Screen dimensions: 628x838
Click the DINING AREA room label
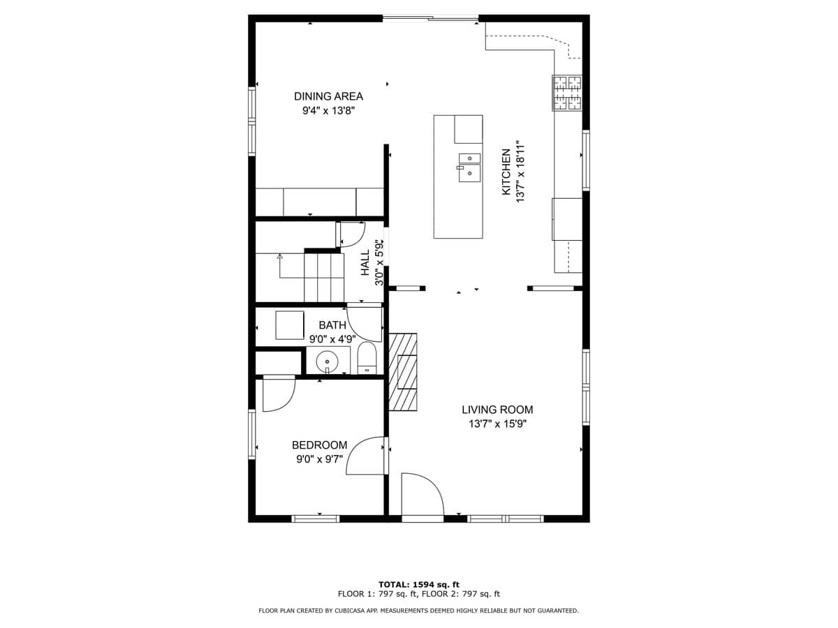328,96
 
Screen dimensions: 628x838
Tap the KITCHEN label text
506,172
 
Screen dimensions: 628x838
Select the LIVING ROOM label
497,410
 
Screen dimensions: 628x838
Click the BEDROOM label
319,445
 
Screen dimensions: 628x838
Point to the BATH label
332,325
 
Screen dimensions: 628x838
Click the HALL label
365,262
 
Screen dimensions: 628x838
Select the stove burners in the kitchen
567,93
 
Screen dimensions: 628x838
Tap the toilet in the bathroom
367,359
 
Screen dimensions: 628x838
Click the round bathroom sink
327,361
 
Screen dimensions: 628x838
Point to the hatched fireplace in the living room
403,371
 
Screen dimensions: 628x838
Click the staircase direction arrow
280,257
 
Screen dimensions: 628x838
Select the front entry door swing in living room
422,496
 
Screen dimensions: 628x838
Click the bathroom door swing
364,323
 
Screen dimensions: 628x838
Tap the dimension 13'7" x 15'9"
497,424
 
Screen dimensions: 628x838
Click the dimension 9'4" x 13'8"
328,111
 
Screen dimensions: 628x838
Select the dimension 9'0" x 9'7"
319,460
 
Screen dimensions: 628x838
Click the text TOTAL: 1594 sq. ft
418,585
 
